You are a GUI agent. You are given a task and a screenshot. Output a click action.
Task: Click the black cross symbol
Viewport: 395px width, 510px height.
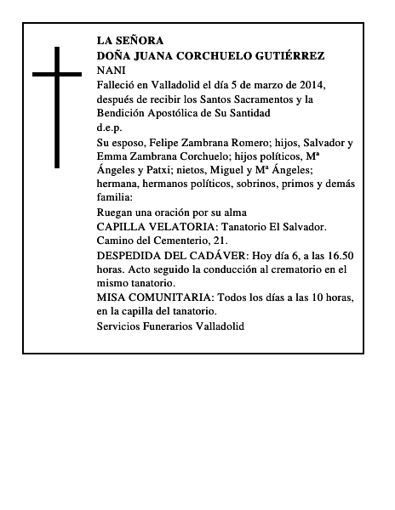57,106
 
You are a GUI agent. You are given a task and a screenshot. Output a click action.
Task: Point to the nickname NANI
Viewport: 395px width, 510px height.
111,70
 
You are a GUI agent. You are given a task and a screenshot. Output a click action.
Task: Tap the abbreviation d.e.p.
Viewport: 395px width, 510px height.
109,127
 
